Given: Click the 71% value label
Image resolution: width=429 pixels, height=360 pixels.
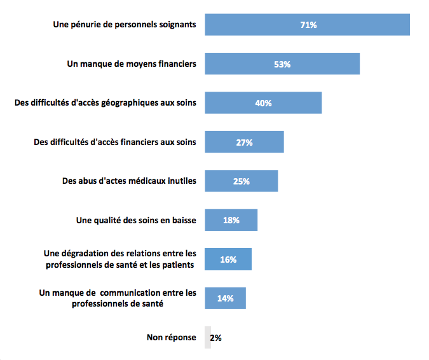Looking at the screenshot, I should point(308,25).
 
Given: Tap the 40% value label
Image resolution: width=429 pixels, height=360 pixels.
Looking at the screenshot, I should point(264,103).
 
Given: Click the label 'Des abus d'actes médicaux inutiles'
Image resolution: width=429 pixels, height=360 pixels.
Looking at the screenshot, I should point(129,181).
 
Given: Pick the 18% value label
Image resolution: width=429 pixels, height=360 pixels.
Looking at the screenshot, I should point(231,221).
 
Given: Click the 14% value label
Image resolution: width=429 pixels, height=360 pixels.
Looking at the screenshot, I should point(226,298).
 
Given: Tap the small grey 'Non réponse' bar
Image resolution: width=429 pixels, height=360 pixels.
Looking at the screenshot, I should point(207,338).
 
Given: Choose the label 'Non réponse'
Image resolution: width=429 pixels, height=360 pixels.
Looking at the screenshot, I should point(172,338).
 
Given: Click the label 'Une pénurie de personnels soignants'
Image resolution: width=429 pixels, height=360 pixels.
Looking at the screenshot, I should point(124,25).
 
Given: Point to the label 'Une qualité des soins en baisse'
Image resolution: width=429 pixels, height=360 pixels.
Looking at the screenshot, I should point(136,221).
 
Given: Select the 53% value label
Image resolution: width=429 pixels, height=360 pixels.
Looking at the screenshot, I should point(282,64).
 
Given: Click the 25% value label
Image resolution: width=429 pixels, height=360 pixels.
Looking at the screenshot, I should point(242,182).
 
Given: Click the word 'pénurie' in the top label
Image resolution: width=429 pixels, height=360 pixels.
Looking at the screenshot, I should point(86,25).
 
